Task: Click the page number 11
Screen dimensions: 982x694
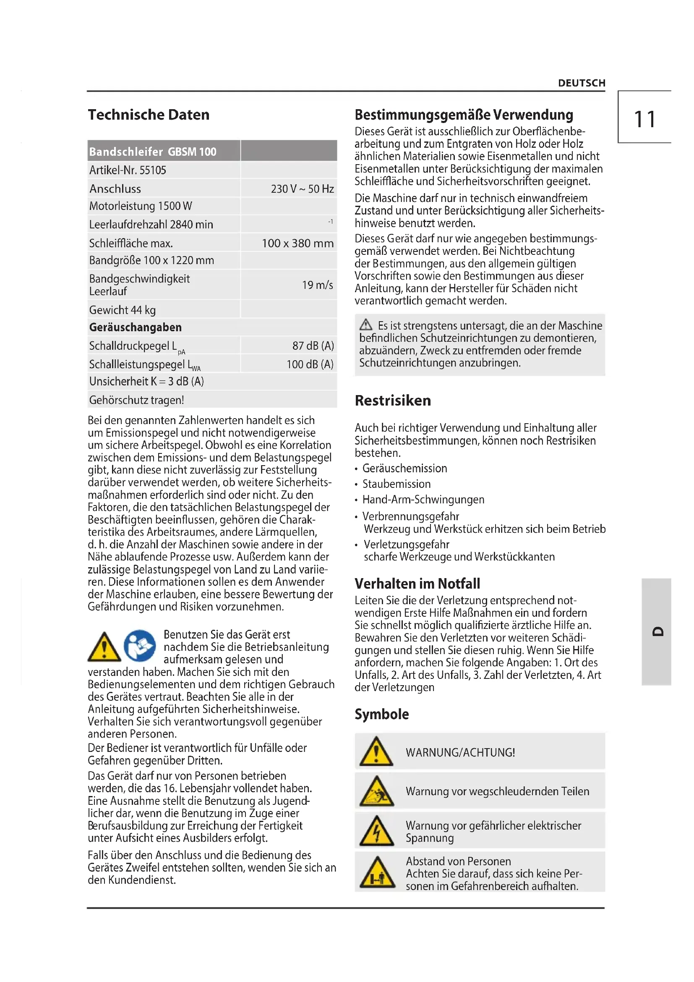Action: [x=644, y=119]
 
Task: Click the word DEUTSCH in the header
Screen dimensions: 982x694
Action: [x=581, y=83]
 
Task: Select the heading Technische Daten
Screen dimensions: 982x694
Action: [x=149, y=115]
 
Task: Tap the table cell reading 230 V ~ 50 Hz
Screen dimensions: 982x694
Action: [x=302, y=189]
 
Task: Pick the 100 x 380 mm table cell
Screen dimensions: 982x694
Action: [x=297, y=243]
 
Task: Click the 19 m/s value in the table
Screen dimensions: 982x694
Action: [x=317, y=285]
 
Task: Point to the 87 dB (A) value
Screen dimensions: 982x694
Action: [x=313, y=346]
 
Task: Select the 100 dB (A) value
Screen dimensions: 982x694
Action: [x=310, y=364]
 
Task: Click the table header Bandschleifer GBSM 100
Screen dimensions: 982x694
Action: [x=153, y=152]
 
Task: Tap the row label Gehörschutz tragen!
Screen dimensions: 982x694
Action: [x=137, y=400]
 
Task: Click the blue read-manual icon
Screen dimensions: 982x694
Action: [x=140, y=645]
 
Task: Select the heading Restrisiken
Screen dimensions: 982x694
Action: [x=393, y=401]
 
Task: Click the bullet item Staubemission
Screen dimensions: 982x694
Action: [x=396, y=484]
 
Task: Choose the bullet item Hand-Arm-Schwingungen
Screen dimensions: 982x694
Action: [x=423, y=500]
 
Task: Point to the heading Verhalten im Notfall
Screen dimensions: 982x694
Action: [x=417, y=584]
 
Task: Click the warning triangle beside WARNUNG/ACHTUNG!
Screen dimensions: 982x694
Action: [x=376, y=752]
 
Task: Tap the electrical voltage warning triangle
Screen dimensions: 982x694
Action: [x=376, y=831]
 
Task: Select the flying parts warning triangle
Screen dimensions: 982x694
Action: [x=376, y=791]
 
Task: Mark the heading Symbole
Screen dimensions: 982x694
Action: [x=381, y=714]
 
